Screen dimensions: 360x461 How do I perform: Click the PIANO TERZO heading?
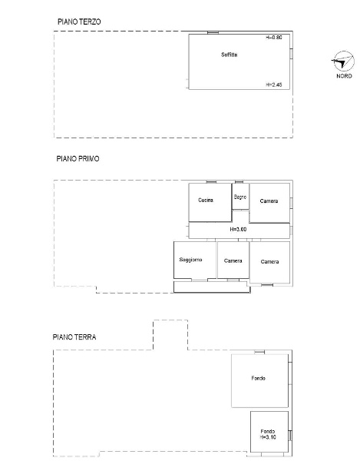(x=79, y=22)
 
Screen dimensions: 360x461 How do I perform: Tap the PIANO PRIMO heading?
(x=78, y=159)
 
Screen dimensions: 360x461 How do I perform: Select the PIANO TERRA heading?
(x=74, y=337)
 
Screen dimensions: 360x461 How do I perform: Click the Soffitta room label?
(x=230, y=55)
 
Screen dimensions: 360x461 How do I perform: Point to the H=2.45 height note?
(x=274, y=85)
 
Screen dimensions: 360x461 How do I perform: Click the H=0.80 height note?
(x=274, y=38)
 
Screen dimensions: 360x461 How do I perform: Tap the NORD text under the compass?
(x=344, y=76)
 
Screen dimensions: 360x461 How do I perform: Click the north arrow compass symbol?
(x=343, y=61)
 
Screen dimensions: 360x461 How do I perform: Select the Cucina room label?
(x=206, y=200)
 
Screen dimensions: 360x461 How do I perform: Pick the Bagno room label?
(x=240, y=197)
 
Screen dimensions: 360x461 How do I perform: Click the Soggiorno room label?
(x=190, y=260)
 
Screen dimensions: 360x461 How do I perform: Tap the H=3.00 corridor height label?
(x=238, y=229)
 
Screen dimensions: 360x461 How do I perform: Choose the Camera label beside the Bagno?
(x=269, y=201)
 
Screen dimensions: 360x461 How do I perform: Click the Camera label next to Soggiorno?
(x=233, y=260)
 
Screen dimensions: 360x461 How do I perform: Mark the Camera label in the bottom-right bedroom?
(x=270, y=262)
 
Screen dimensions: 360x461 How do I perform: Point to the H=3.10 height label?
(x=268, y=437)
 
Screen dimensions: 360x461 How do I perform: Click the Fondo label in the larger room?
(x=259, y=378)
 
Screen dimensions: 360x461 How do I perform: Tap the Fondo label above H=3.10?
(x=268, y=431)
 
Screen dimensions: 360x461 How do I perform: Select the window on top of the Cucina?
(x=211, y=182)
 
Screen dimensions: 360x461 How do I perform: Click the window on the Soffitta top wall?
(x=213, y=32)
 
